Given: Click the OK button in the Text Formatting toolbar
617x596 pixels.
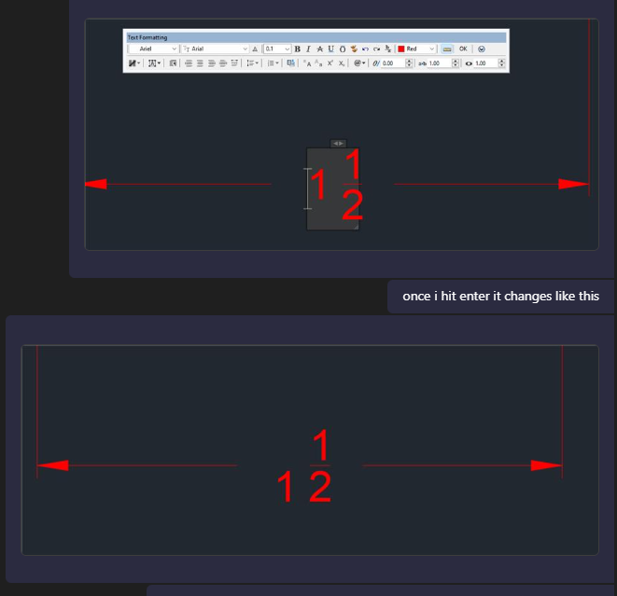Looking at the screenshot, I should [x=463, y=49].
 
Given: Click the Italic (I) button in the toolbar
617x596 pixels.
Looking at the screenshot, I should [x=308, y=49].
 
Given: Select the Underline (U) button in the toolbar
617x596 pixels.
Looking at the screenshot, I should [x=330, y=49].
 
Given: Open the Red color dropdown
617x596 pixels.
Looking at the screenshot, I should [x=416, y=49].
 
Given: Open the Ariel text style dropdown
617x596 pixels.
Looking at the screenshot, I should [x=152, y=49].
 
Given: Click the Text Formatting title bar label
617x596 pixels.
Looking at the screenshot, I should [x=147, y=37].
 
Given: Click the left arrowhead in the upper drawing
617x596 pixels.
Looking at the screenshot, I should [x=95, y=185].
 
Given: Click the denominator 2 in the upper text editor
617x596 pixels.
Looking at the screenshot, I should [x=352, y=205].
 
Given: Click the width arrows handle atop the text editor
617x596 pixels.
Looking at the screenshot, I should [x=339, y=143].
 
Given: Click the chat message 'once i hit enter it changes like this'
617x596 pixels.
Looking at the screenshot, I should [x=500, y=297].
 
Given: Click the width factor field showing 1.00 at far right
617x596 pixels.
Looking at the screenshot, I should [x=484, y=63].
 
